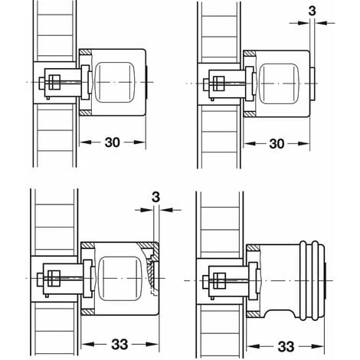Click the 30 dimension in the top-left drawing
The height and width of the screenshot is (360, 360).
pos(112,142)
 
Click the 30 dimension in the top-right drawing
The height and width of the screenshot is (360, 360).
pos(277,144)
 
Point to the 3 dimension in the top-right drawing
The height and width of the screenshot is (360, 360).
pos(312,11)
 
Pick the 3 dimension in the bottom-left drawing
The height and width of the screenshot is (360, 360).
pos(155,198)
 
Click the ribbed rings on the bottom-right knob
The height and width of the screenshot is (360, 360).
pos(309,280)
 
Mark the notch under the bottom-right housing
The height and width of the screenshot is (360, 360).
pos(279,313)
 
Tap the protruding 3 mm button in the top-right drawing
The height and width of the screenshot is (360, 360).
pos(313,83)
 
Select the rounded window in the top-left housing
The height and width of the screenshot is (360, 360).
pos(114,83)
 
